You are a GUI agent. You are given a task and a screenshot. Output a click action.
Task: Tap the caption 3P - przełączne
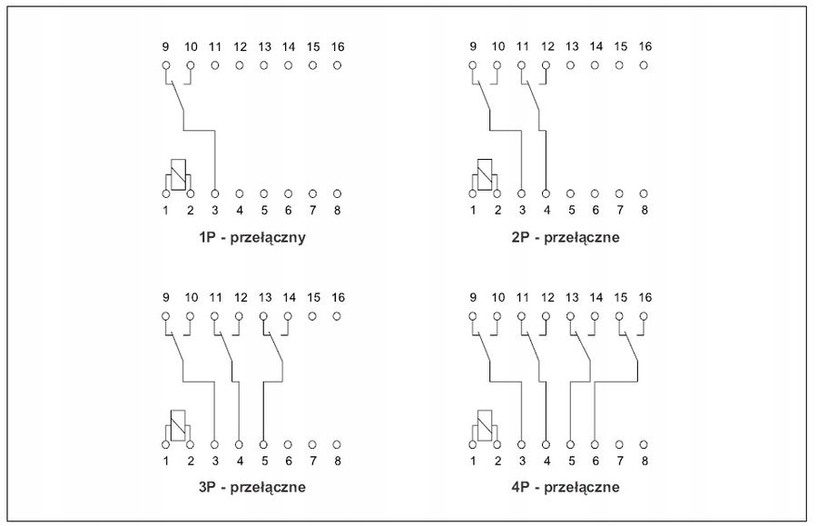tap(251, 487)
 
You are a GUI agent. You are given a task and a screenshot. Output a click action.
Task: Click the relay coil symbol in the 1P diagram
tap(179, 174)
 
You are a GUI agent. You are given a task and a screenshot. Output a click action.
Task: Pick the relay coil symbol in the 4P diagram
tap(486, 423)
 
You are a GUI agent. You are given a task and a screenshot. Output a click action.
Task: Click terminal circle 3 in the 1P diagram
tap(215, 194)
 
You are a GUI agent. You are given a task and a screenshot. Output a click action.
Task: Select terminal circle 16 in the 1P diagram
tap(337, 65)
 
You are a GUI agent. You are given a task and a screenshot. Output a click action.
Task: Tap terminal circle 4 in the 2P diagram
tap(546, 194)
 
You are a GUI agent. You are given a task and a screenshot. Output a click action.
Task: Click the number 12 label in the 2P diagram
tap(546, 46)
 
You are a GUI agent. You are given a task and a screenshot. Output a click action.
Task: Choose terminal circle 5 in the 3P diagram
tap(263, 444)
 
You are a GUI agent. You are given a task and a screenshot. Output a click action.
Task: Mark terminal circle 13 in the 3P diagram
tap(263, 316)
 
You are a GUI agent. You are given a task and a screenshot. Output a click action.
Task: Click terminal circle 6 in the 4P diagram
tap(595, 444)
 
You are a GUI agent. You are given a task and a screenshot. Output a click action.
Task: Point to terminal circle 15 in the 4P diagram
tap(619, 316)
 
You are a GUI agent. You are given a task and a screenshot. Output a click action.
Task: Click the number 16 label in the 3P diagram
tap(337, 297)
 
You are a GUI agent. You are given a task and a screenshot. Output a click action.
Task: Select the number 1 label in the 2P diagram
tap(472, 211)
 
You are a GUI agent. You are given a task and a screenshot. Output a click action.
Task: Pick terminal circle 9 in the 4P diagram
tap(472, 316)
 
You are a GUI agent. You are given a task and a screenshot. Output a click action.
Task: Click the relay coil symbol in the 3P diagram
tap(179, 423)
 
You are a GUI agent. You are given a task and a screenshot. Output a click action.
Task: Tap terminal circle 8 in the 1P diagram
tap(337, 194)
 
